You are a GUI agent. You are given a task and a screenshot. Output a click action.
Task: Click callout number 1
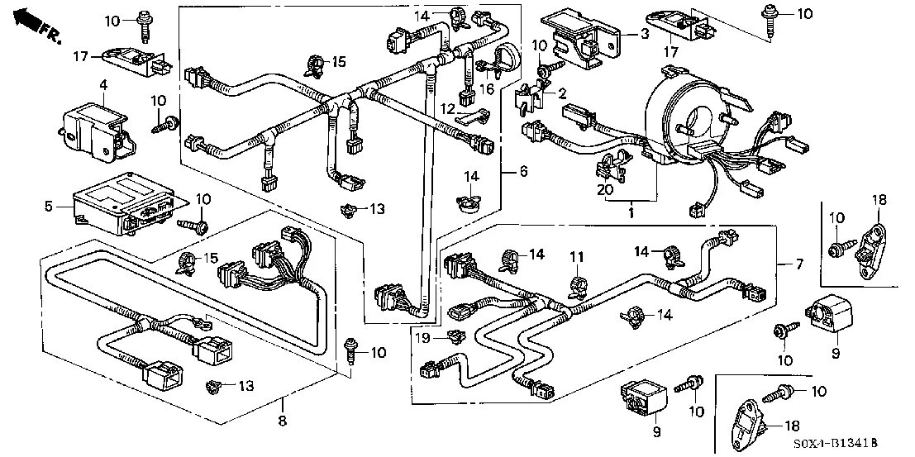pos(631,213)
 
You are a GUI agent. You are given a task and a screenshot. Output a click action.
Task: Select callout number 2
pos(562,93)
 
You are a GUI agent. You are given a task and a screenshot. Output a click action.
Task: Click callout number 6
pos(522,172)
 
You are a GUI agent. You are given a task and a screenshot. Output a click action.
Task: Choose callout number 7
pos(798,264)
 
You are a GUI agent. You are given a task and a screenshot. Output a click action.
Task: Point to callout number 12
pos(446,109)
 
